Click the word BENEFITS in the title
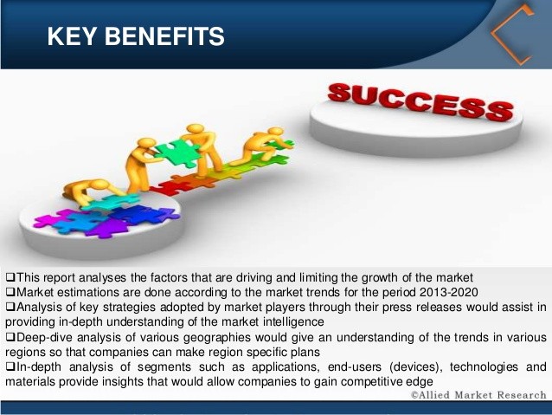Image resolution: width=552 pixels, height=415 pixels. [x=164, y=36]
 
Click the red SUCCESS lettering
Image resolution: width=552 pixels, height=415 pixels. [x=420, y=101]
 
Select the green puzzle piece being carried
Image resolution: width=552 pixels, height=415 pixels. [x=177, y=152]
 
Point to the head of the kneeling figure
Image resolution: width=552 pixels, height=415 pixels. [x=276, y=132]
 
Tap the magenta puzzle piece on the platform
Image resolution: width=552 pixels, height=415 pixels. [x=53, y=218]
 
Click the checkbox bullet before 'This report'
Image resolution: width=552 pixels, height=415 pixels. [x=10, y=276]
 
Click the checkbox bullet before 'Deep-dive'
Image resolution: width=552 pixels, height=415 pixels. [x=10, y=337]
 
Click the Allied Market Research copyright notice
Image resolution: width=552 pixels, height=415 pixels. [x=478, y=395]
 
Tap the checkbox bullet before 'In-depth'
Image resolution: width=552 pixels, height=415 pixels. [x=10, y=366]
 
